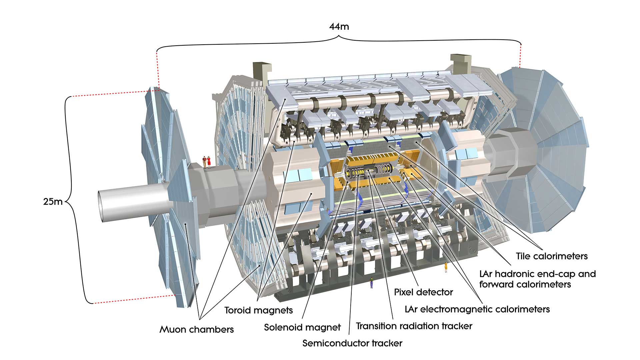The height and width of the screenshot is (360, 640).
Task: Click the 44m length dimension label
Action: tap(339, 27)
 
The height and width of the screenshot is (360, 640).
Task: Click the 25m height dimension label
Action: tap(53, 202)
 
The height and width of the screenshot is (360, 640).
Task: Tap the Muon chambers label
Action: tap(196, 330)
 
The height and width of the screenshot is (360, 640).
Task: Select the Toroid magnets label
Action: tap(258, 310)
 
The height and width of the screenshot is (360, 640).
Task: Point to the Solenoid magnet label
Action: tap(302, 327)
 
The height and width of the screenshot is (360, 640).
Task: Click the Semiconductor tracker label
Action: tap(352, 343)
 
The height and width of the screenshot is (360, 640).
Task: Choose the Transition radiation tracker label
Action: tap(414, 326)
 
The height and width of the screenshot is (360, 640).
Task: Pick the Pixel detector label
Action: tap(423, 292)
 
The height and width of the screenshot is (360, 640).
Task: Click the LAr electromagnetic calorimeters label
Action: tap(477, 309)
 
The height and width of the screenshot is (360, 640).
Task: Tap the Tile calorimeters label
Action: tap(552, 256)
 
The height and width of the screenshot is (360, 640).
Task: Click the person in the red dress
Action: tap(209, 162)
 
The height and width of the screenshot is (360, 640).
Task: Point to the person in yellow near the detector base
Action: tap(446, 267)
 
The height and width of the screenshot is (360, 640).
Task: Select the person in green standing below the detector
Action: tap(371, 282)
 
